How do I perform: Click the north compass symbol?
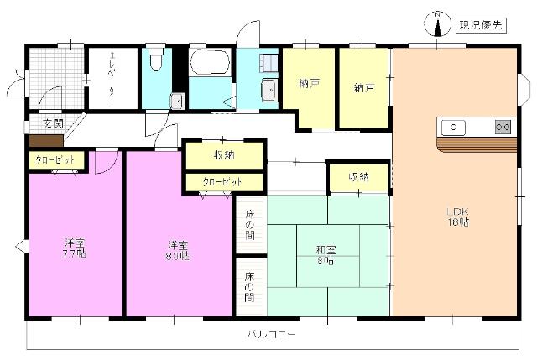click(x=437, y=25)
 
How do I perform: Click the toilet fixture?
click(x=155, y=60)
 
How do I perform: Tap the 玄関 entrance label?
click(x=53, y=123)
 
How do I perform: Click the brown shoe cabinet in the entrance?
click(x=45, y=139)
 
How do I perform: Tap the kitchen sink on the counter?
click(x=453, y=128)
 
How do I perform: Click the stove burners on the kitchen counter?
click(x=503, y=128)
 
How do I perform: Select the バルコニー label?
click(x=270, y=334)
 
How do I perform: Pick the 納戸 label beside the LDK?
click(x=363, y=86)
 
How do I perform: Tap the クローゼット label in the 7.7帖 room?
click(x=55, y=159)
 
